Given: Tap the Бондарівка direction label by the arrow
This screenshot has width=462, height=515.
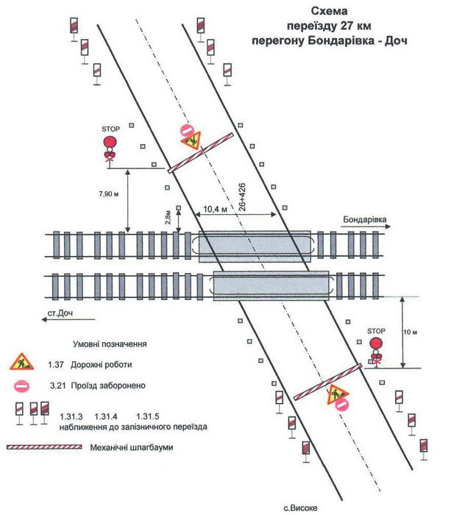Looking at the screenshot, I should click(365, 220).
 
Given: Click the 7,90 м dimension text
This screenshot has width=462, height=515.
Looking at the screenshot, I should click(107, 194).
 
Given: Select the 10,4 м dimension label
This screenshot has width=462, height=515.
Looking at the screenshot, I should click(214, 210).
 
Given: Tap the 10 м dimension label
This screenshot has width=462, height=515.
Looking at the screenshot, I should click(411, 333).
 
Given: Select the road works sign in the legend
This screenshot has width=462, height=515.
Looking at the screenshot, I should click(21, 362).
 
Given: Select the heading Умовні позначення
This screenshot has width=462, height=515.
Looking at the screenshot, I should click(110, 344).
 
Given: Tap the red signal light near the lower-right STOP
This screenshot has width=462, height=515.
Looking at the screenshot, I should click(377, 344).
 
